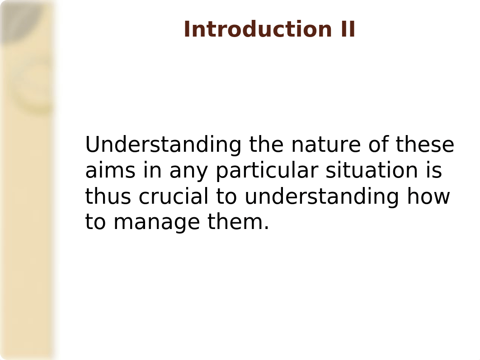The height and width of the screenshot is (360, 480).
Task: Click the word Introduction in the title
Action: click(x=258, y=29)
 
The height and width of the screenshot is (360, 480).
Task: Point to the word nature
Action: click(x=326, y=145)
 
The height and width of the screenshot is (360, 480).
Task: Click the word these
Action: click(x=425, y=145)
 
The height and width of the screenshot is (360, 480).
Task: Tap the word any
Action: click(x=189, y=172)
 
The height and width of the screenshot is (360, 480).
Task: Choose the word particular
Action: click(x=267, y=171)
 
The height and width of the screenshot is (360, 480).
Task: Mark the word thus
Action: click(x=108, y=196)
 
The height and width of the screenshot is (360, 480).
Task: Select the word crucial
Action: click(x=173, y=196)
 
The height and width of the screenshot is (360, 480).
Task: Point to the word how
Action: click(x=428, y=196)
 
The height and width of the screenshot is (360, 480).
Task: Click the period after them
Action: click(x=266, y=228)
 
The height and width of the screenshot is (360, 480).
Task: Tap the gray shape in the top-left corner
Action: click(x=19, y=19)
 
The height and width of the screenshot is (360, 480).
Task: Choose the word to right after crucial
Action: click(x=226, y=196)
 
